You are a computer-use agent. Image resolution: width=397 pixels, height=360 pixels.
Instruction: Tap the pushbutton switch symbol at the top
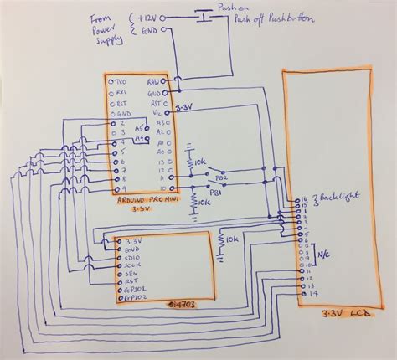202,14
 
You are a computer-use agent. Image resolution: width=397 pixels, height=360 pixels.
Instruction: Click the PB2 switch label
222,178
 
